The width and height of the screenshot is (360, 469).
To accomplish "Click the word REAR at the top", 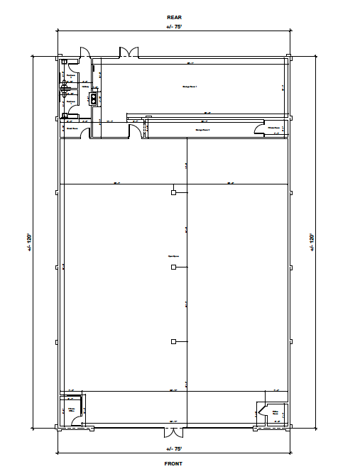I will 173,17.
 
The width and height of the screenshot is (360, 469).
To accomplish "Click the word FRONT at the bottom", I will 173,463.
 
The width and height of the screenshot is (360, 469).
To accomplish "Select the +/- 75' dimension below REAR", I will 173,27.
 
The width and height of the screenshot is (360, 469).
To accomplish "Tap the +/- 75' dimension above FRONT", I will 173,449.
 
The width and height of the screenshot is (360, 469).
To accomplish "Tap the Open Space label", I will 173,258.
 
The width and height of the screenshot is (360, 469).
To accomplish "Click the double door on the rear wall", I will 129,53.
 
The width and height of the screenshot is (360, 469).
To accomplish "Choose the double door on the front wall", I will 173,432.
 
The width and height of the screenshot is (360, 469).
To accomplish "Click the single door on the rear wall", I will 84,53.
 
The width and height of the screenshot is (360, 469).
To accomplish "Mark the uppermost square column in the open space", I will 173,192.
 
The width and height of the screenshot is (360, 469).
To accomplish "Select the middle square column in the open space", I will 173,267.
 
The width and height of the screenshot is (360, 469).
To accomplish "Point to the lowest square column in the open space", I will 173,341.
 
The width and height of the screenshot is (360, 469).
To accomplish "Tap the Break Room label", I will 72,128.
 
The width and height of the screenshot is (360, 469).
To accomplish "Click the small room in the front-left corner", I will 72,411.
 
